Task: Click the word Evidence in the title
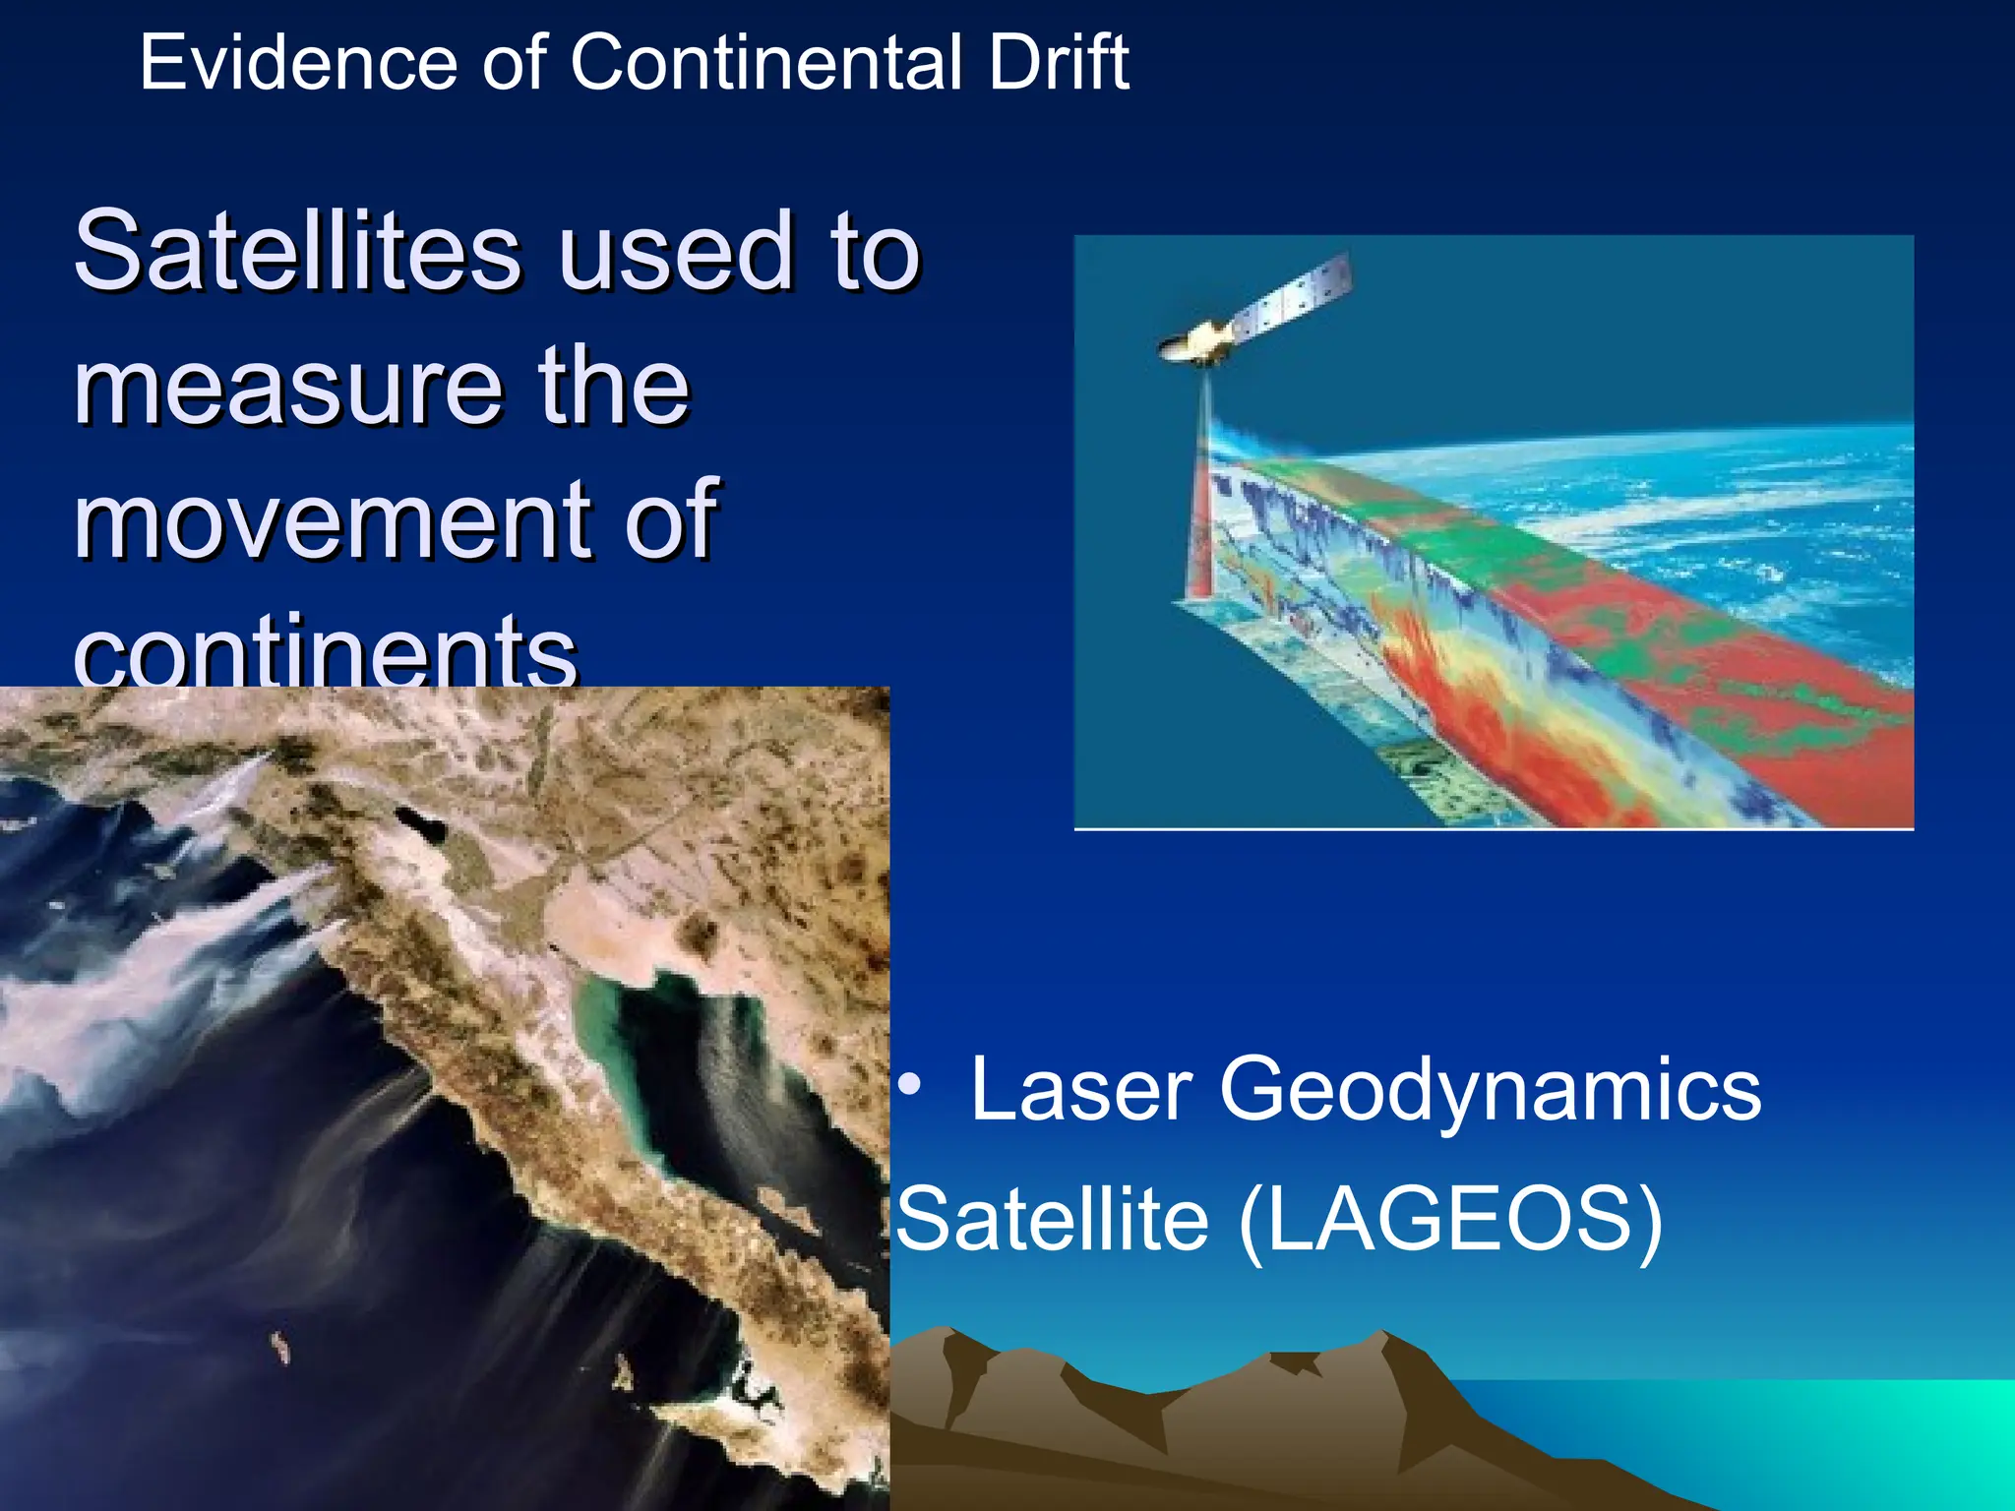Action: [298, 63]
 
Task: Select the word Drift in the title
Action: [1059, 63]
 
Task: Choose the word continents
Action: [325, 651]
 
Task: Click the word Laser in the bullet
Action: [1081, 1089]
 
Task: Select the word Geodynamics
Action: [1490, 1089]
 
